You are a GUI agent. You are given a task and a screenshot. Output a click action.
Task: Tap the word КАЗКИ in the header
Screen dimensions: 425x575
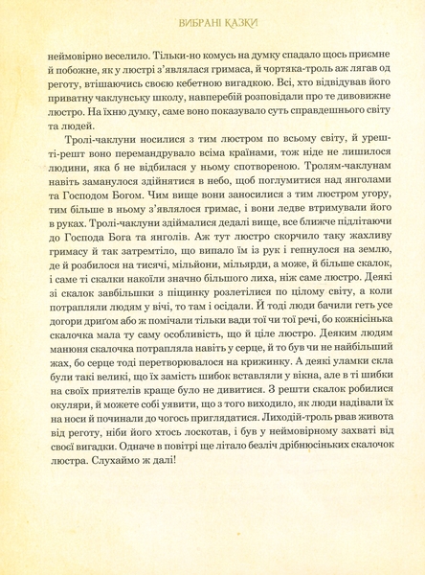pos(236,21)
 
